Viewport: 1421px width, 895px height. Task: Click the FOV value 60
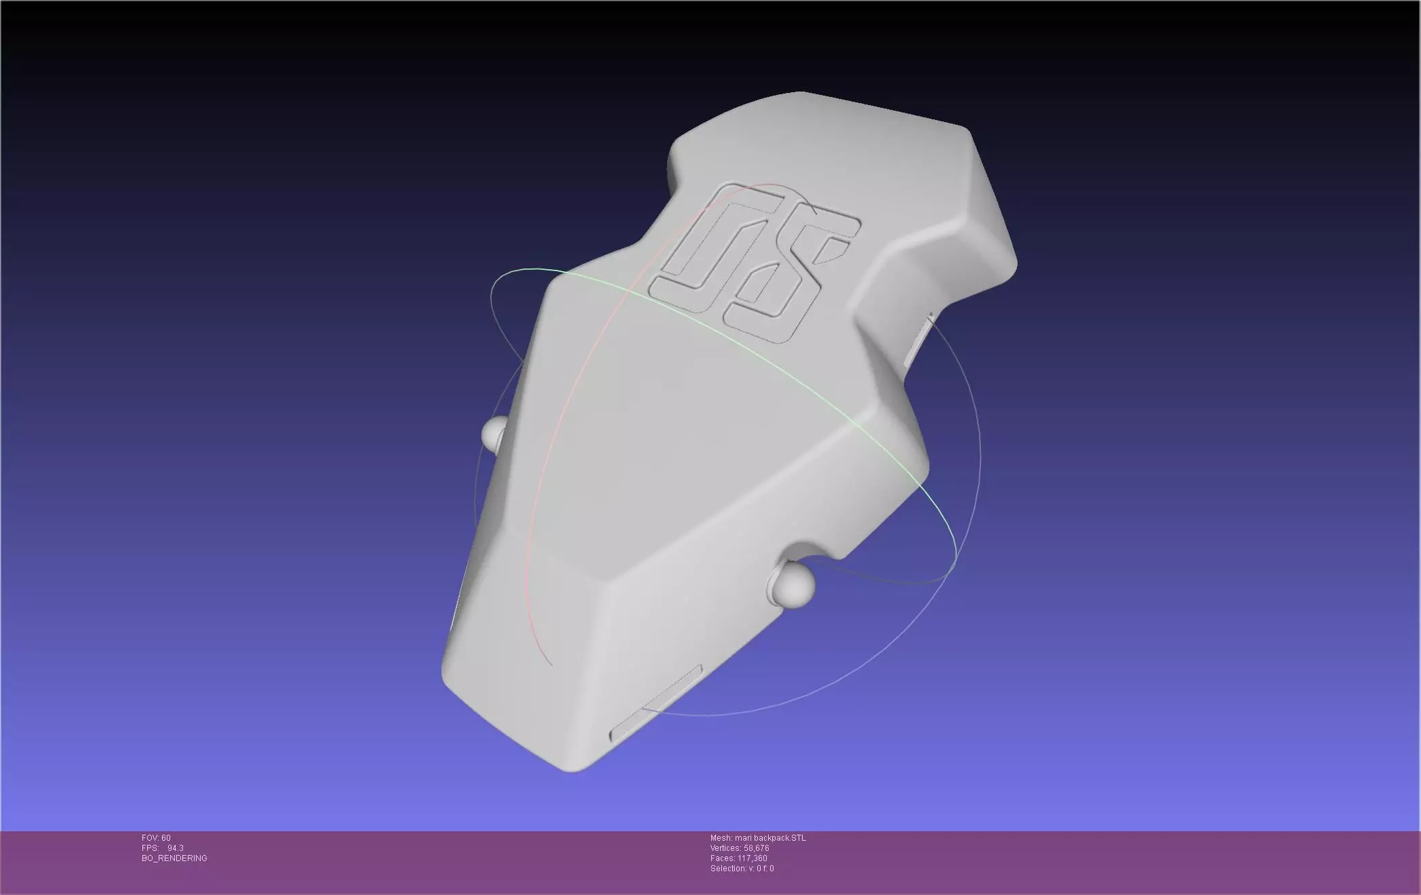tap(166, 838)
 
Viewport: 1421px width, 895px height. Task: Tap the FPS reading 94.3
tap(176, 848)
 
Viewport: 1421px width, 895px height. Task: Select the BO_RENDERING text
tap(174, 858)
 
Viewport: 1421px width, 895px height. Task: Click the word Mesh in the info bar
tap(721, 838)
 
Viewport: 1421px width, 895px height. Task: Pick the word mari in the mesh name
tap(743, 838)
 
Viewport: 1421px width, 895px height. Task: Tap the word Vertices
tap(725, 848)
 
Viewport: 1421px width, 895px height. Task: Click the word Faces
tap(722, 858)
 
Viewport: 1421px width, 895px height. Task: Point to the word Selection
tap(727, 869)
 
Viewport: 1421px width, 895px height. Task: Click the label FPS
tap(150, 848)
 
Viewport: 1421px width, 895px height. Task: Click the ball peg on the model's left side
tap(494, 433)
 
